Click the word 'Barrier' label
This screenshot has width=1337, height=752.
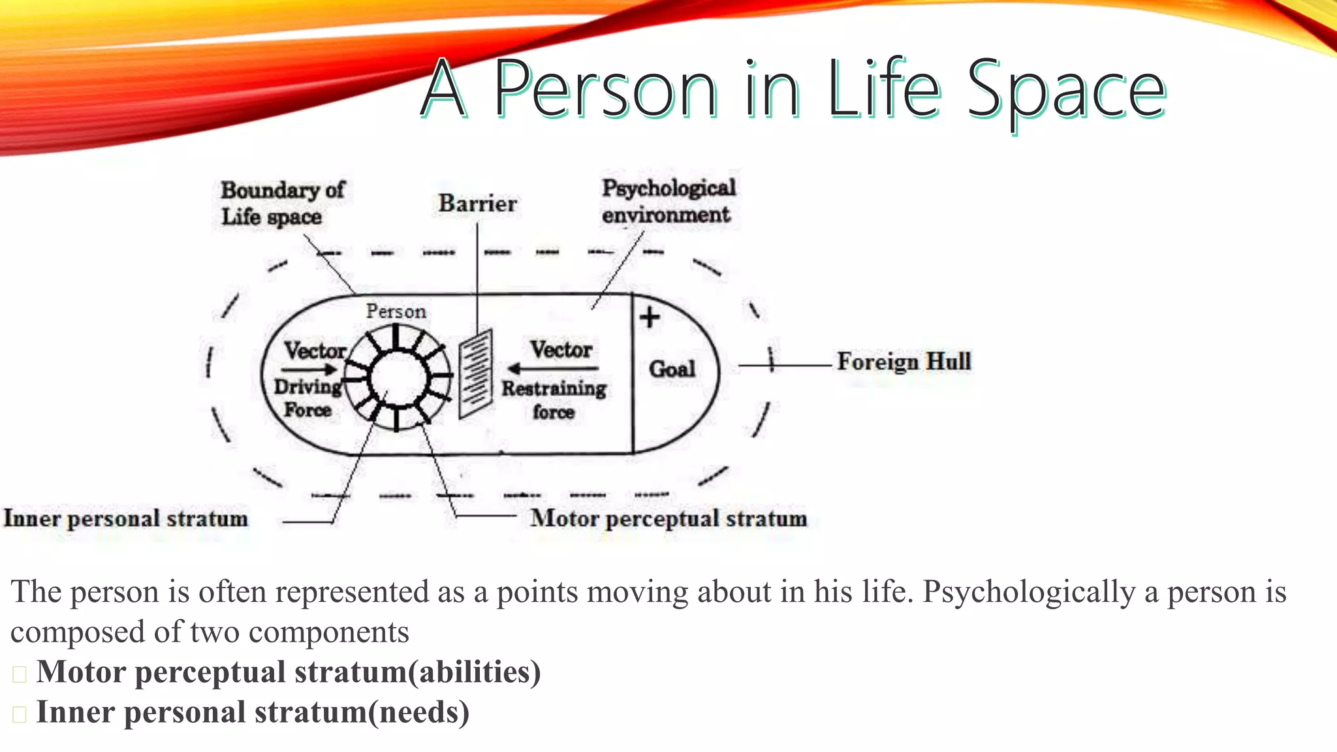(477, 204)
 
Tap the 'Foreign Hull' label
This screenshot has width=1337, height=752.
(904, 361)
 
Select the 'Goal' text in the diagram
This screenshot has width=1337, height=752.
(672, 369)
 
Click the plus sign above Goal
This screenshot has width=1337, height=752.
(650, 318)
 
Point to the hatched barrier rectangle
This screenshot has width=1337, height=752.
(475, 373)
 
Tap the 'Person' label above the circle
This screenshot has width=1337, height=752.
(396, 311)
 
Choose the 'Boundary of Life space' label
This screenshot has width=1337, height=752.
(281, 203)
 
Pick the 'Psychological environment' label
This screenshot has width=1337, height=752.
(668, 201)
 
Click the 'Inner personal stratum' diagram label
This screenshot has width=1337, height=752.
(126, 518)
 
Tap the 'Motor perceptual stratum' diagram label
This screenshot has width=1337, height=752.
(668, 518)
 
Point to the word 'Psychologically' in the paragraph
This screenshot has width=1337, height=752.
(1029, 592)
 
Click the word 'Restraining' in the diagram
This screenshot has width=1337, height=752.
(554, 389)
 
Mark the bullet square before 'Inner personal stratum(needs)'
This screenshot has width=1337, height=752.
(19, 714)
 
